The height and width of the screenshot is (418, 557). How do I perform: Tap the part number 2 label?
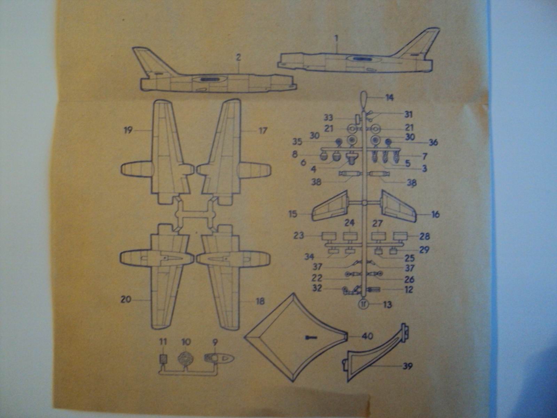(238, 57)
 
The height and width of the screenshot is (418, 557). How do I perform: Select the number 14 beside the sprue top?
(389, 98)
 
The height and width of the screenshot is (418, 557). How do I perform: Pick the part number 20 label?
(126, 299)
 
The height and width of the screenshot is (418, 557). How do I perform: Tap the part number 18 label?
(260, 301)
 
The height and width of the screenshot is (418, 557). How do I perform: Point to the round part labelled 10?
(186, 359)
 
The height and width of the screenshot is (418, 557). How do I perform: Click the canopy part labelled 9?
(219, 358)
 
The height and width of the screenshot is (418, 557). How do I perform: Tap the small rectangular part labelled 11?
(163, 359)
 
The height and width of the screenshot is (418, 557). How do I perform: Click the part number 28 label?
(425, 236)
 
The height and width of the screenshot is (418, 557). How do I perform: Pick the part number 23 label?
(299, 235)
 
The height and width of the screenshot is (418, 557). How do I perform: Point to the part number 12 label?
(409, 289)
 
